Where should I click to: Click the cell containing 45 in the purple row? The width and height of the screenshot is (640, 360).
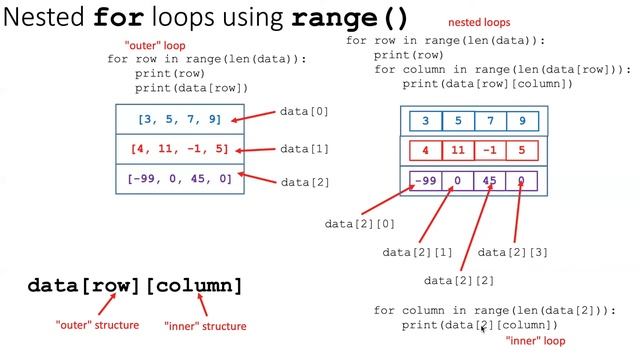pyautogui.click(x=490, y=182)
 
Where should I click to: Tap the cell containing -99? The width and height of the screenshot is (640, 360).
pyautogui.click(x=427, y=182)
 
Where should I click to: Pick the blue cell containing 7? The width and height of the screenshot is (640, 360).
pyautogui.click(x=490, y=122)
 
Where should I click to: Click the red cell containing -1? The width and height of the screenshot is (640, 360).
pyautogui.click(x=490, y=152)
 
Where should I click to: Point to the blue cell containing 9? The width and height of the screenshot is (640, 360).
pyautogui.click(x=522, y=122)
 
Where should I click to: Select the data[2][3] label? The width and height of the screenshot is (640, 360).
pyautogui.click(x=513, y=252)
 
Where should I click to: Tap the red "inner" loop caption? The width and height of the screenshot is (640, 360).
pyautogui.click(x=536, y=341)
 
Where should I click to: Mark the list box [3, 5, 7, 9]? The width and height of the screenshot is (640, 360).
pyautogui.click(x=180, y=119)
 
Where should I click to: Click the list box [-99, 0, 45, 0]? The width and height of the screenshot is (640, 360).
pyautogui.click(x=180, y=178)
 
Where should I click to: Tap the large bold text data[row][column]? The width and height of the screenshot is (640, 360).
pyautogui.click(x=135, y=286)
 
